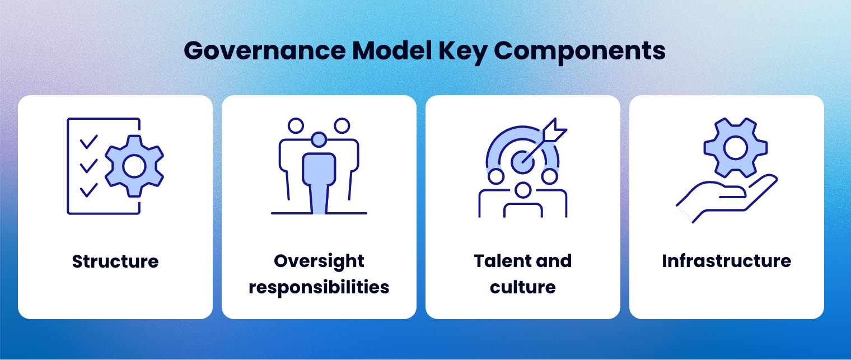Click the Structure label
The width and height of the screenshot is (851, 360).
pos(115,261)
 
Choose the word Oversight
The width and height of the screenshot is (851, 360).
pos(319,261)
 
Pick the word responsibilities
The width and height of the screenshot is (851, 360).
pos(319,287)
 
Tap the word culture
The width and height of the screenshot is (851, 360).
pos(522,287)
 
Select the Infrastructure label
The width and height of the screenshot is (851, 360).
pos(726,261)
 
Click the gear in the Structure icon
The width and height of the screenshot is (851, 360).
pos(134,166)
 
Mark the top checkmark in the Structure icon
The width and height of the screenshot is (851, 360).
pos(88,142)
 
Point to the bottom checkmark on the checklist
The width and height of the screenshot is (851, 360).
pos(88,191)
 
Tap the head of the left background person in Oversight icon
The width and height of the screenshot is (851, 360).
pos(295,125)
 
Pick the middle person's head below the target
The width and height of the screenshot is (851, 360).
pos(522,191)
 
